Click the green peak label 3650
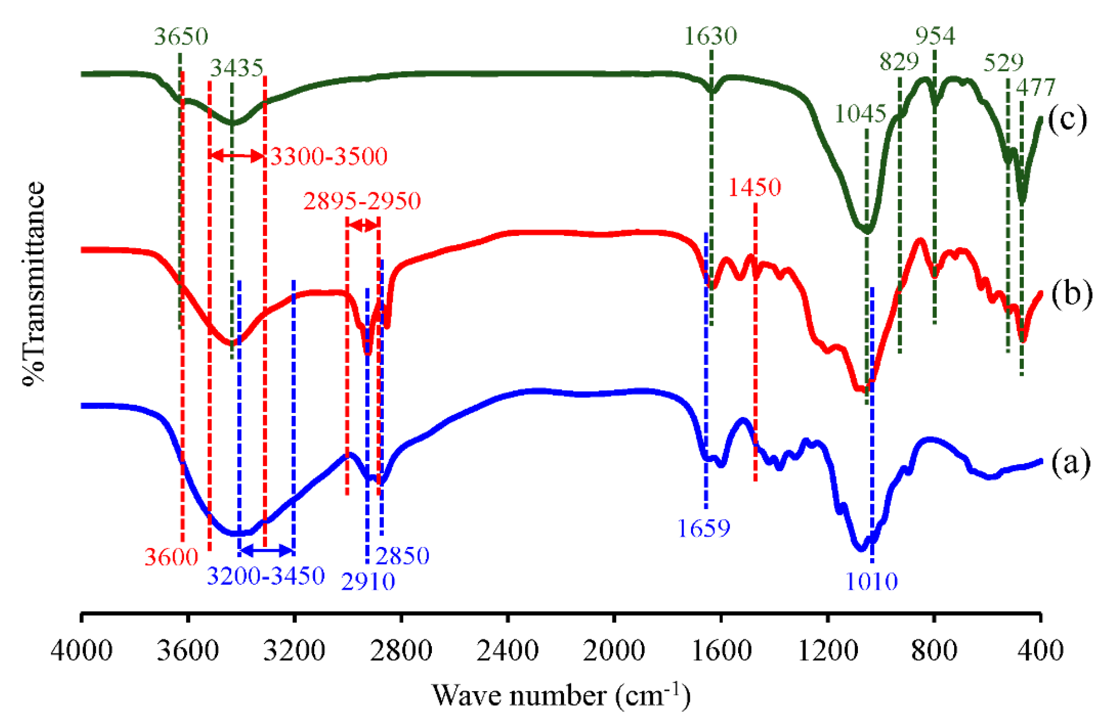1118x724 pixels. [181, 36]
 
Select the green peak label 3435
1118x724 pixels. [237, 68]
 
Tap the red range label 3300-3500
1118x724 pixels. [328, 156]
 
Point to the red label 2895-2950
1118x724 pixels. [362, 201]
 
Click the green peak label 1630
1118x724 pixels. [710, 36]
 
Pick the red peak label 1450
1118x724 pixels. [754, 187]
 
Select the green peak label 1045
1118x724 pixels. [860, 114]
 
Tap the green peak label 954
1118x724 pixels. [935, 36]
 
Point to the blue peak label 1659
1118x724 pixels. [703, 528]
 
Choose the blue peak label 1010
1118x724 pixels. [871, 582]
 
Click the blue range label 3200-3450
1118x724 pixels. [266, 576]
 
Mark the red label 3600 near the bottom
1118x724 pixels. [171, 557]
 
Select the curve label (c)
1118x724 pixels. [1067, 119]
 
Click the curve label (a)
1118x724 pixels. [1070, 462]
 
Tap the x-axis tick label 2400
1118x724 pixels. [507, 651]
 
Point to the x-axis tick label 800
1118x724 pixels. [934, 651]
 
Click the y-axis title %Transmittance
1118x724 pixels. [33, 284]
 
